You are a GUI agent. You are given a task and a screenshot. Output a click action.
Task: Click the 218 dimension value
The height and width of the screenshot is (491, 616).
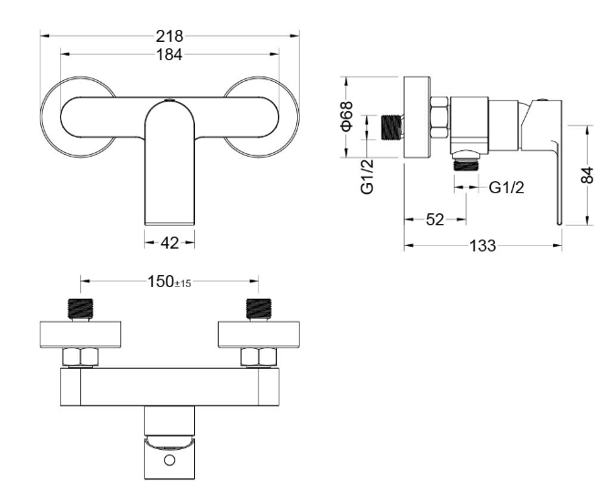(x=169, y=36)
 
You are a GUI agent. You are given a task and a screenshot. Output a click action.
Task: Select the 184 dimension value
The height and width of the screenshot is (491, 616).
(x=169, y=55)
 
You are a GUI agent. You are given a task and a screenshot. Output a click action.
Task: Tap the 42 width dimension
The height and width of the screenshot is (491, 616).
(x=169, y=243)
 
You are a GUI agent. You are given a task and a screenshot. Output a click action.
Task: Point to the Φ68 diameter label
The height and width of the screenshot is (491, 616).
(x=347, y=116)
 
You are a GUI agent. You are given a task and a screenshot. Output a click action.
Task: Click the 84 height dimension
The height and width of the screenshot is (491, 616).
(x=587, y=175)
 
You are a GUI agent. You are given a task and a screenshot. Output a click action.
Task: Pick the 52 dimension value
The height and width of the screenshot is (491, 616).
(x=435, y=220)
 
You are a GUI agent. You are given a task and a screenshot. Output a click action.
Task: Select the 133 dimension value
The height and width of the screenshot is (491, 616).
(x=483, y=246)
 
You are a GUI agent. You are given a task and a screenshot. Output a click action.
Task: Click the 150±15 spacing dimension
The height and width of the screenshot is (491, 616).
(x=169, y=281)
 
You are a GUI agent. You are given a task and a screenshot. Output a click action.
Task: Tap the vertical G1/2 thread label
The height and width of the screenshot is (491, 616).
(x=367, y=177)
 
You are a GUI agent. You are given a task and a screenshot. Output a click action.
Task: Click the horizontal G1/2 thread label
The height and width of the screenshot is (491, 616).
(x=507, y=188)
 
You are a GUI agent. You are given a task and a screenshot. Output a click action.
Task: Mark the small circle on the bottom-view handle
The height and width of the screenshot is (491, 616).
(x=169, y=460)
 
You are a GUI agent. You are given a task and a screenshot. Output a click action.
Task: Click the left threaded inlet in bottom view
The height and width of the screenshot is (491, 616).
(x=81, y=310)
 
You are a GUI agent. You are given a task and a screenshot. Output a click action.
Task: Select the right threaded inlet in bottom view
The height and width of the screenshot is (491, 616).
(x=259, y=310)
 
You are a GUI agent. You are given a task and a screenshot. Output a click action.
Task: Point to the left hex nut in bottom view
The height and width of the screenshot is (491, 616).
(x=81, y=357)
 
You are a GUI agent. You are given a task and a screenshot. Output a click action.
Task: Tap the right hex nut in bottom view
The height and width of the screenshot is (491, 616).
(x=259, y=357)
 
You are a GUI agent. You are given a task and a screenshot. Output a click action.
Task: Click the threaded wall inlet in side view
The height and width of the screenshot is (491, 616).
(x=392, y=127)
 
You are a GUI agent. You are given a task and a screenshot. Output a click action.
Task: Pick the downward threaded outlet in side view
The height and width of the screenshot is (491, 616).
(x=467, y=165)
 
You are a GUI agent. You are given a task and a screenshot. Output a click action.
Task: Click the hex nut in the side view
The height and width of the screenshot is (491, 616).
(x=439, y=117)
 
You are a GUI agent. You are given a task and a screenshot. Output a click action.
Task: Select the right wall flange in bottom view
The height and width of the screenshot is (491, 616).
(x=259, y=334)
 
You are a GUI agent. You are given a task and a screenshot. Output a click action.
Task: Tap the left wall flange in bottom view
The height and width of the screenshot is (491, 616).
(x=80, y=334)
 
